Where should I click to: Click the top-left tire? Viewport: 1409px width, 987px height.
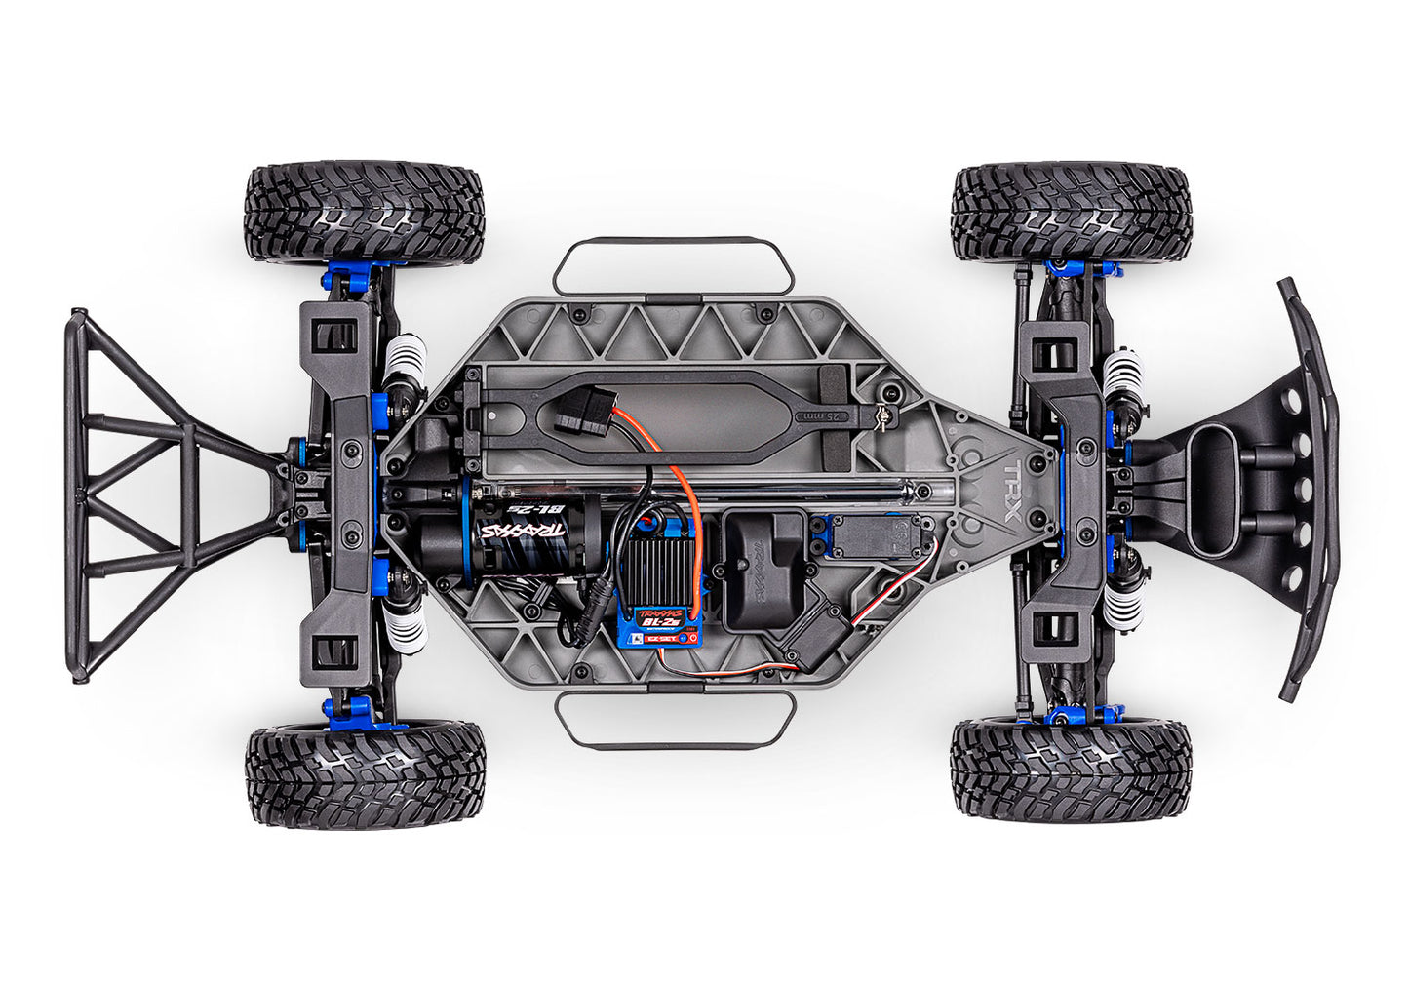[x=365, y=213]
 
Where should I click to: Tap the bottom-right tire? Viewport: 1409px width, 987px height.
[x=1071, y=770]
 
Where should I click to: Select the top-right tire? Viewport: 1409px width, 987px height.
[x=1071, y=213]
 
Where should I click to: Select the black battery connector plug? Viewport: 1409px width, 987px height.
[x=587, y=410]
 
